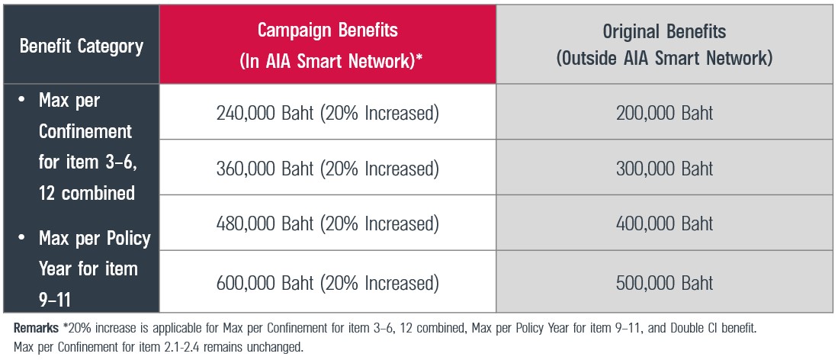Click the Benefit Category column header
(x=82, y=46)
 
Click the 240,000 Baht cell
(x=328, y=114)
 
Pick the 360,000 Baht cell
(x=328, y=169)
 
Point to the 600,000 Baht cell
(x=328, y=283)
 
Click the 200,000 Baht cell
(x=664, y=114)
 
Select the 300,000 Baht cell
(x=664, y=169)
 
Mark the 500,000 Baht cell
(x=664, y=283)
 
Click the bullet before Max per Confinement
(x=21, y=100)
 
